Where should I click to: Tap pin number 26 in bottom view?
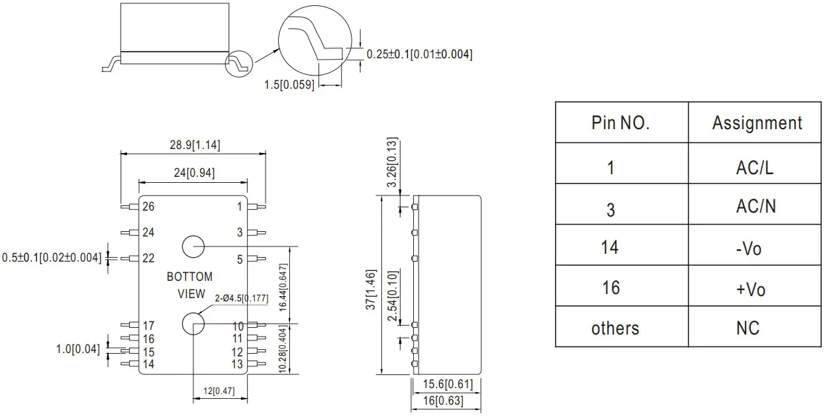(148, 207)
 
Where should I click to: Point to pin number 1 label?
(240, 207)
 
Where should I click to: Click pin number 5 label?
(240, 259)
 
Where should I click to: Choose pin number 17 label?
(148, 325)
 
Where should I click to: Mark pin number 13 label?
(237, 364)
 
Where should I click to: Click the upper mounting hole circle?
(193, 246)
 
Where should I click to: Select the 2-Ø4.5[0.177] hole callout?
(241, 299)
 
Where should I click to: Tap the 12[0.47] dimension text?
(219, 391)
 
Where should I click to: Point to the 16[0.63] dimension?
(443, 401)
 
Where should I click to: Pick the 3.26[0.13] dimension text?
(391, 162)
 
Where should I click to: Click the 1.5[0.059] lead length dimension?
(289, 85)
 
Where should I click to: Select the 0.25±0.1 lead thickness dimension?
(419, 54)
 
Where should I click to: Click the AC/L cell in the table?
(754, 168)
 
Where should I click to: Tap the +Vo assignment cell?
(750, 289)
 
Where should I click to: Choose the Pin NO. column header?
(620, 123)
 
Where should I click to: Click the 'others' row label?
(615, 328)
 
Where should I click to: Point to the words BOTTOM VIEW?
(190, 285)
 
